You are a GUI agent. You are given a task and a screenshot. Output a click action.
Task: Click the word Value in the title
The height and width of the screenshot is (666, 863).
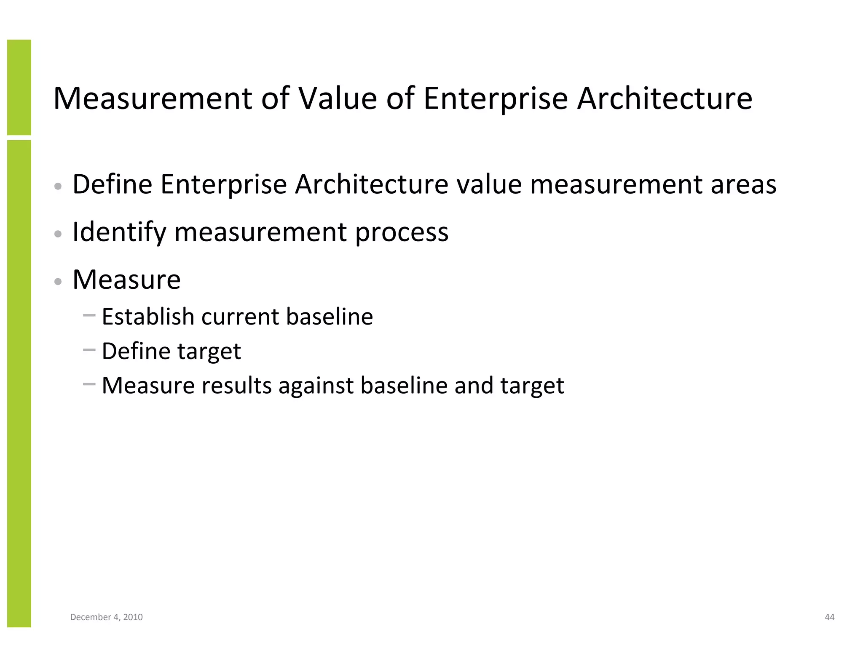(x=338, y=99)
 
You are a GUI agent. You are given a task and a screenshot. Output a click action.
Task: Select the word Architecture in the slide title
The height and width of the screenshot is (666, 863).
(x=664, y=99)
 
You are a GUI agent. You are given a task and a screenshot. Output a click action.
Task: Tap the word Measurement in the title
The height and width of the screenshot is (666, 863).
(x=153, y=99)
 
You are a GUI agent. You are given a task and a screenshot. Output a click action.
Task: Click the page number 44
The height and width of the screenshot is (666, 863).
(x=829, y=617)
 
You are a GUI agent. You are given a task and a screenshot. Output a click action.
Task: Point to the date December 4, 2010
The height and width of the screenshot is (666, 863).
(x=106, y=617)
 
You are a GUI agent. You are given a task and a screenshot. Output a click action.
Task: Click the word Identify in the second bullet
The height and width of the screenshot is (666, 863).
(x=119, y=232)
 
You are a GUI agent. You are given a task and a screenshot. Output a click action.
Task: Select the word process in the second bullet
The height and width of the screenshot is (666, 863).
(x=402, y=232)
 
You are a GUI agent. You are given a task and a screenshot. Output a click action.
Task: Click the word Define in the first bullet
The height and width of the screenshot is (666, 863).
(x=112, y=184)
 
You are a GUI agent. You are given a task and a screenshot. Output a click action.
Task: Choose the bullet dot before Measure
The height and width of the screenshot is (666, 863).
(x=59, y=282)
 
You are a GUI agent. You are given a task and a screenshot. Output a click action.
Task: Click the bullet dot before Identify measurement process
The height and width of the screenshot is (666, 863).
(x=59, y=234)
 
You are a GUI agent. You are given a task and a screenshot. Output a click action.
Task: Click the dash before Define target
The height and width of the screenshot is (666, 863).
(x=89, y=349)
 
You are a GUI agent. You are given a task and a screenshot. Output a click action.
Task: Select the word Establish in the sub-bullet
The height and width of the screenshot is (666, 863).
(x=147, y=317)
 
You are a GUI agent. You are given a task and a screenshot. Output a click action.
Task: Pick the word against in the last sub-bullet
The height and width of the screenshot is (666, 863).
(x=316, y=386)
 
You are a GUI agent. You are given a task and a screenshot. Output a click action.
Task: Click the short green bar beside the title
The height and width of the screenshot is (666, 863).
(x=19, y=87)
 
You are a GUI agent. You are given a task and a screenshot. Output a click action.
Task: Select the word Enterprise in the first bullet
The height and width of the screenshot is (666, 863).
(x=223, y=184)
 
